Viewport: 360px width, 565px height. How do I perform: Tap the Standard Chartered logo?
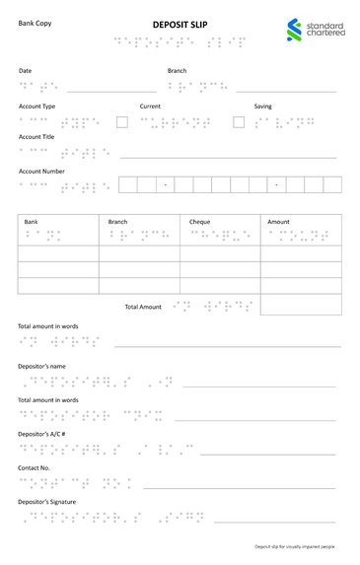pos(314,30)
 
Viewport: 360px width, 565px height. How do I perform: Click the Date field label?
pos(26,70)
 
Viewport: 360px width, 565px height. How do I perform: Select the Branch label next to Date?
pos(177,70)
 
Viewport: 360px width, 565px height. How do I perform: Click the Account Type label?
pos(37,106)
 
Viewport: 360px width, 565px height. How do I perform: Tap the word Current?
pos(150,106)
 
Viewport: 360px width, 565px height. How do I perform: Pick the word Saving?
pos(262,106)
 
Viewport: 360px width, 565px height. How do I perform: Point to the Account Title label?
pos(36,137)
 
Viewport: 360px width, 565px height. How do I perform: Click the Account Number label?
pos(41,171)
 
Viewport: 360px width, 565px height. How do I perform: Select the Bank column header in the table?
pos(32,222)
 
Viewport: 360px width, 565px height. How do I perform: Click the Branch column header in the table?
pos(117,222)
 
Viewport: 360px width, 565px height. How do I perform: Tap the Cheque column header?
pos(200,222)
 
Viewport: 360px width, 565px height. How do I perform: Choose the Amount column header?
pos(279,222)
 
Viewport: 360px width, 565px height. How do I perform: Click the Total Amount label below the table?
pos(143,307)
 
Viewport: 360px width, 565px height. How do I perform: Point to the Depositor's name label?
pos(41,366)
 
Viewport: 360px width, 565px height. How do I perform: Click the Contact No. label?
pos(35,468)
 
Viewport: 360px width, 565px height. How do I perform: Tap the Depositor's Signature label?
pos(46,502)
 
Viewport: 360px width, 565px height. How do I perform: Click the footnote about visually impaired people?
pos(295,545)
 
